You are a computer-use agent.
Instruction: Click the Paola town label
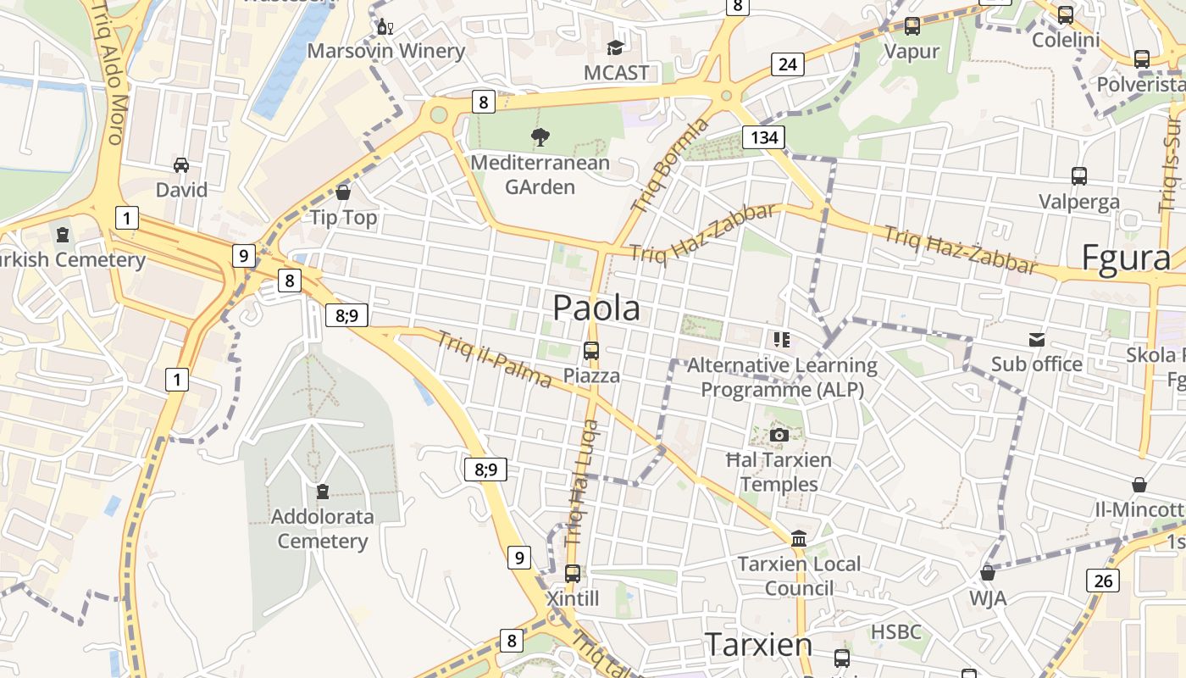coord(596,308)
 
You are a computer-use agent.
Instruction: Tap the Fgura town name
coord(1126,258)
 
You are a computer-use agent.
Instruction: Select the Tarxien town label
coord(758,644)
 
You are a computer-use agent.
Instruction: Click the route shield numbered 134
coord(763,137)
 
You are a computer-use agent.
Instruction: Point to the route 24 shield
coord(787,64)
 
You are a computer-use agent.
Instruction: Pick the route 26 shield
coord(1103,581)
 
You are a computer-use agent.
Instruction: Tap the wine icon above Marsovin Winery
coord(385,27)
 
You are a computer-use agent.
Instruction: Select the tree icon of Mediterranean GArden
coord(540,136)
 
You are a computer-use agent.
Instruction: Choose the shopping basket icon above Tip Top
coord(343,192)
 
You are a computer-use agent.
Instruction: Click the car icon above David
coord(181,164)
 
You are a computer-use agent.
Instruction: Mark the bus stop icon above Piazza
coord(591,350)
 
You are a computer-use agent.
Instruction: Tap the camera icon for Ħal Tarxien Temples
coord(779,436)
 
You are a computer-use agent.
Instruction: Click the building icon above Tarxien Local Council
coord(798,539)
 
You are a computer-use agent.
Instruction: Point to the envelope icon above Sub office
coord(1037,340)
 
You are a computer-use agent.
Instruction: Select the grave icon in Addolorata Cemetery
coord(322,491)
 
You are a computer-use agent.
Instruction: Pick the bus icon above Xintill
coord(573,574)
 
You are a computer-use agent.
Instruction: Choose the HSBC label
coord(895,632)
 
